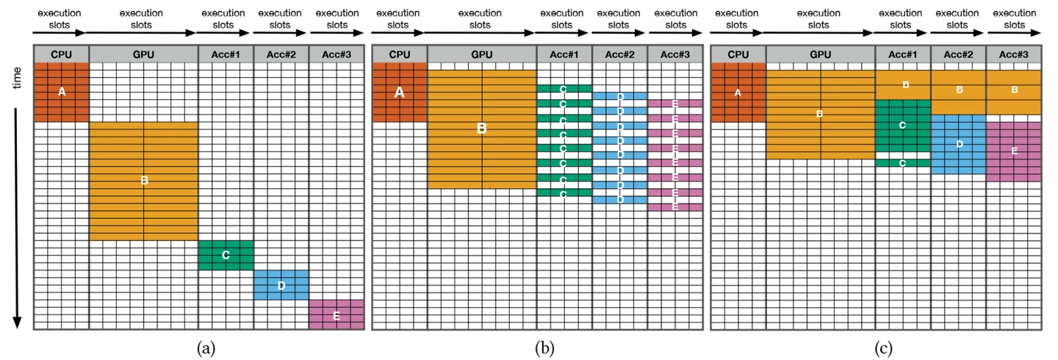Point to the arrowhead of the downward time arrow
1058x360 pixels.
pos(18,323)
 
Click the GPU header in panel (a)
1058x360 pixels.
pos(143,54)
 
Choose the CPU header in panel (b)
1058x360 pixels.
pos(399,54)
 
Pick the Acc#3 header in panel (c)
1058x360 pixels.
pos(1013,54)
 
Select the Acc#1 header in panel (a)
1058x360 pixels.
pos(226,54)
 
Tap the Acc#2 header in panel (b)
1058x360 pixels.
pos(619,54)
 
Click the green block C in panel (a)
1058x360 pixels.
pos(226,255)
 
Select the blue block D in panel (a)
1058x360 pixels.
pos(281,285)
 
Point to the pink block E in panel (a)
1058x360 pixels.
pos(336,314)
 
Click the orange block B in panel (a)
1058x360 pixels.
pos(143,181)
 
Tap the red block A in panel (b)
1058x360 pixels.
pos(399,93)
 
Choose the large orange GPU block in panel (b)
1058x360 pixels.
pos(481,129)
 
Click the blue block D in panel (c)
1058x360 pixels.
pos(958,144)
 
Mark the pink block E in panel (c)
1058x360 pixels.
pos(1013,151)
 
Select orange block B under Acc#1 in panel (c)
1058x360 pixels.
pos(903,84)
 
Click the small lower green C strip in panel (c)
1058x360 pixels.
pos(903,162)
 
